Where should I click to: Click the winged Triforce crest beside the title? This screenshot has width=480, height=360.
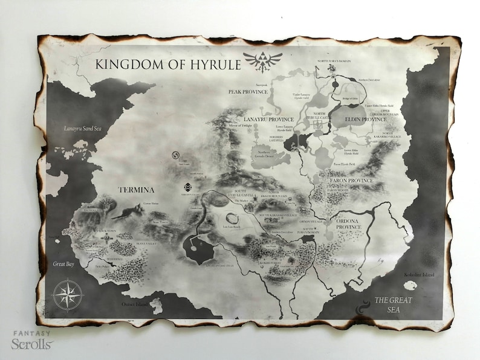259,62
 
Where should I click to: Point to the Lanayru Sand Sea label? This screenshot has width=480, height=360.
83,128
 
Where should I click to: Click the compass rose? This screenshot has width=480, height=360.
68,295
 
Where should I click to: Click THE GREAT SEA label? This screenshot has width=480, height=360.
392,305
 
